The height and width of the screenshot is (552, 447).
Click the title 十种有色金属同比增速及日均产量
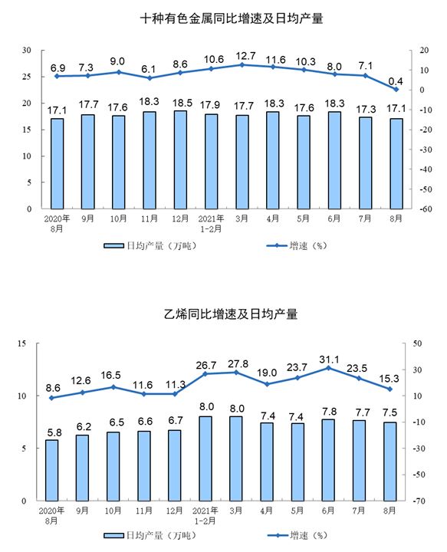[x=232, y=18]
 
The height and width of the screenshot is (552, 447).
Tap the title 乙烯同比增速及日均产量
[x=231, y=314]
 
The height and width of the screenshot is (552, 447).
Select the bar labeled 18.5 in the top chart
[x=180, y=159]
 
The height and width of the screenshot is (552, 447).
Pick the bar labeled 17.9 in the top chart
[x=211, y=161]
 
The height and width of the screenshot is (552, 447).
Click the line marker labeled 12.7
[x=242, y=64]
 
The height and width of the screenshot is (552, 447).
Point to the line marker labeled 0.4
[x=396, y=90]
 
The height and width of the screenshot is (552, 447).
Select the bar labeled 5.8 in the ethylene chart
[x=51, y=470]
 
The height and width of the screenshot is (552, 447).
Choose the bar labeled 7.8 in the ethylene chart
[x=328, y=460]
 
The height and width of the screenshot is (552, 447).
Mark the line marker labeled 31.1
[x=328, y=368]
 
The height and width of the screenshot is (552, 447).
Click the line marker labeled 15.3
[x=390, y=389]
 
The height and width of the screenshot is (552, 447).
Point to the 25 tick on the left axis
[x=27, y=77]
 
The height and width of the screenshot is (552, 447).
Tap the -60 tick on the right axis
[x=426, y=209]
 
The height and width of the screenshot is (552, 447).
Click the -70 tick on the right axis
[x=419, y=501]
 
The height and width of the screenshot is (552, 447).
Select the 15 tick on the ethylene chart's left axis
[x=21, y=343]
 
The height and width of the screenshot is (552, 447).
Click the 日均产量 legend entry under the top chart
[x=150, y=246]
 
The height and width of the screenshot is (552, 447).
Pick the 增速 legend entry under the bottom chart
[x=297, y=535]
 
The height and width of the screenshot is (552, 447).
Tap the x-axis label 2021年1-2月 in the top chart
[x=211, y=224]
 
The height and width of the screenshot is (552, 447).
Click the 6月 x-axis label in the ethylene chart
[x=328, y=511]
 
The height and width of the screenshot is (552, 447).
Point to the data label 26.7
[x=206, y=366]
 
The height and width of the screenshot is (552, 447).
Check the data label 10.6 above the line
[x=214, y=60]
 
